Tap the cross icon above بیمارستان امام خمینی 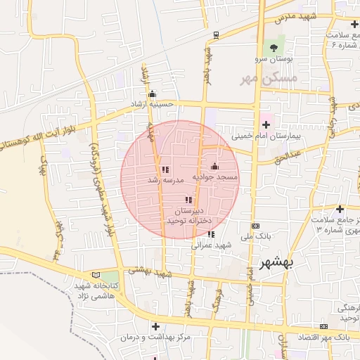[266, 124]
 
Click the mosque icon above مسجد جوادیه [214, 166]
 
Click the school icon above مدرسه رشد [165, 169]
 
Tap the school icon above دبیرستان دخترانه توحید [188, 200]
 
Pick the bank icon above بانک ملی [255, 226]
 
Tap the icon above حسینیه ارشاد [152, 94]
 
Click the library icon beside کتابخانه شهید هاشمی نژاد [105, 275]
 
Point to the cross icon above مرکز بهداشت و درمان [155, 326]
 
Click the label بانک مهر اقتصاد [330, 338]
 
